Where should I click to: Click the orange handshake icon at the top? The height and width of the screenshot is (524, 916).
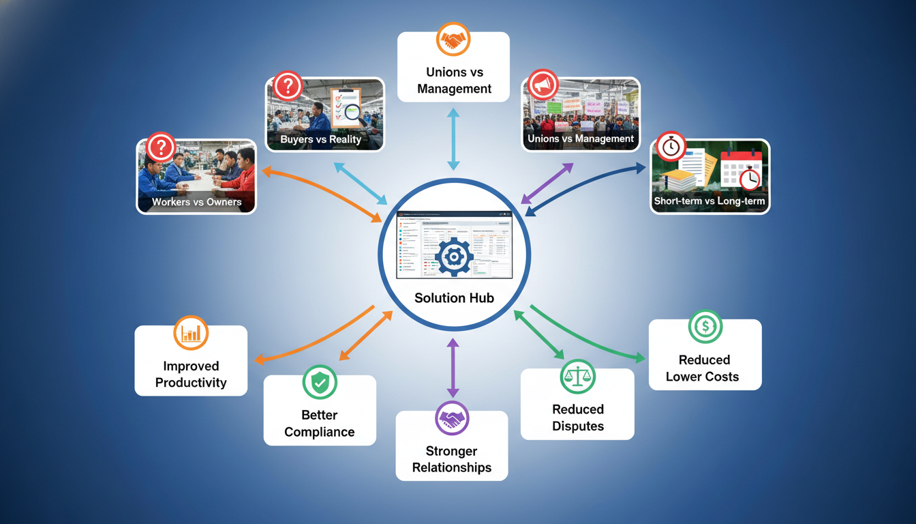[x=453, y=39]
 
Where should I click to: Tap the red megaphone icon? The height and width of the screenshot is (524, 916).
[x=543, y=85]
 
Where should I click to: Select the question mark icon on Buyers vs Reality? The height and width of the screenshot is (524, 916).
[x=288, y=86]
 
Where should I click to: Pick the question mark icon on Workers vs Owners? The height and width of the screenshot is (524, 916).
[x=161, y=147]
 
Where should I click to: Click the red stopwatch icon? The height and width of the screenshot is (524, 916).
[x=671, y=147]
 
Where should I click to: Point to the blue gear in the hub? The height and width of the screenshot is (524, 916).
[x=453, y=256]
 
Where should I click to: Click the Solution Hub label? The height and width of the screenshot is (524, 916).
[x=453, y=298]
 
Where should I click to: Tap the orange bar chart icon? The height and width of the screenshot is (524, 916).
[x=191, y=332]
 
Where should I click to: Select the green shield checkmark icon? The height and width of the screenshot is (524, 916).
[x=320, y=382]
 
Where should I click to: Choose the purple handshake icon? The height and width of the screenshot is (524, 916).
[x=452, y=418]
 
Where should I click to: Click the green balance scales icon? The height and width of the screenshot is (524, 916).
[x=577, y=376]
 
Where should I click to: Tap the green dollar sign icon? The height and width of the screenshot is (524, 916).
[x=705, y=327]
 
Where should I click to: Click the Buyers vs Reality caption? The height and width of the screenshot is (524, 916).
[x=320, y=140]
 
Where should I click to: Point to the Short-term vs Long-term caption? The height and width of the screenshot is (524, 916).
[x=709, y=201]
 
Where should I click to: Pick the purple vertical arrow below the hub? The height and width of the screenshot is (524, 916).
[x=453, y=368]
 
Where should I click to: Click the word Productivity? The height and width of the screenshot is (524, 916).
[x=191, y=383]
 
